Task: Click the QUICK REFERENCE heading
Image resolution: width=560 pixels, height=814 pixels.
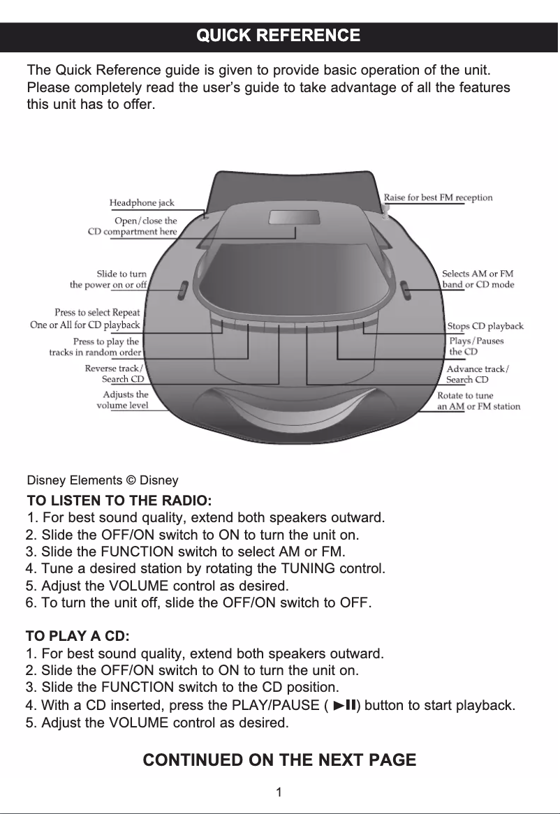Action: pyautogui.click(x=279, y=36)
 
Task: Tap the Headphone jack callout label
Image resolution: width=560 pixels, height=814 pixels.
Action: pyautogui.click(x=142, y=202)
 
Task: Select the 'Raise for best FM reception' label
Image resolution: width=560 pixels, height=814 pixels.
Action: pyautogui.click(x=438, y=198)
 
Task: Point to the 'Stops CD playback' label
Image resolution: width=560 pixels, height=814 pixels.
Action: pyautogui.click(x=485, y=326)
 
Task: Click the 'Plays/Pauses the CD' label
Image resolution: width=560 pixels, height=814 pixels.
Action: pyautogui.click(x=476, y=346)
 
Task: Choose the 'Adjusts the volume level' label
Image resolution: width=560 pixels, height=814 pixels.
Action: pyautogui.click(x=122, y=399)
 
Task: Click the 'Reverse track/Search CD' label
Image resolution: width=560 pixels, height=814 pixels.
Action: pyautogui.click(x=115, y=373)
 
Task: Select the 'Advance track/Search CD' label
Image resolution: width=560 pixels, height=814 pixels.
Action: pyautogui.click(x=478, y=374)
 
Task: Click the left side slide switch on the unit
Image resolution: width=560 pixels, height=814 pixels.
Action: pyautogui.click(x=182, y=290)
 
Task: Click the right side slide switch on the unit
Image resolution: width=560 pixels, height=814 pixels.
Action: pyautogui.click(x=406, y=289)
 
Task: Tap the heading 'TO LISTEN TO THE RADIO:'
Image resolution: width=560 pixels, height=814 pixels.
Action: pyautogui.click(x=119, y=501)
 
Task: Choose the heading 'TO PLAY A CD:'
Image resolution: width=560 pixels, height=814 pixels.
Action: pyautogui.click(x=78, y=637)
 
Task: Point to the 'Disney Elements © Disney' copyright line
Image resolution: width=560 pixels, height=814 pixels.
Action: pyautogui.click(x=102, y=480)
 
